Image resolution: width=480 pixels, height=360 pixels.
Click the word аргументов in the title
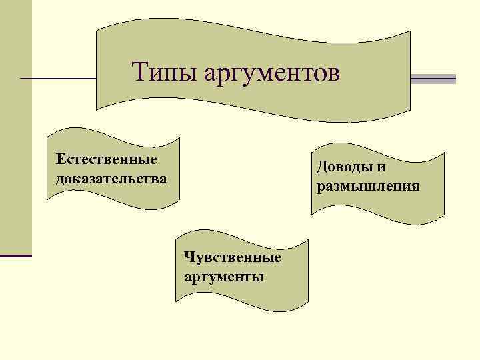271,73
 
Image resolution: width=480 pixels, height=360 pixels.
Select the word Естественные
107,160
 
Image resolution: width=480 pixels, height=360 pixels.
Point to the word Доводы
345,167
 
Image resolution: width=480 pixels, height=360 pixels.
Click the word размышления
368,185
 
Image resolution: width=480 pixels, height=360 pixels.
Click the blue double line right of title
433,79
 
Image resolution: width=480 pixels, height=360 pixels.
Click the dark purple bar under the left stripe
16,255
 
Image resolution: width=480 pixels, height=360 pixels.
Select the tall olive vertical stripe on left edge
16,127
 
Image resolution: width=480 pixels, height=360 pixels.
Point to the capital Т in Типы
139,71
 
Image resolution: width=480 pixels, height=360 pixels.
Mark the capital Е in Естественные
61,160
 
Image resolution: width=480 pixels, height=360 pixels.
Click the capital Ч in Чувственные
187,257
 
